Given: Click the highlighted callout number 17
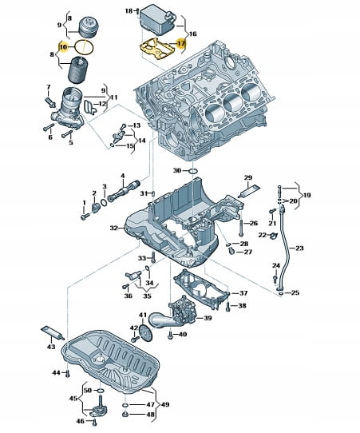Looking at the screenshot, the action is click(181, 43).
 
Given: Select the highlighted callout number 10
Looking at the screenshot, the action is click(63, 47).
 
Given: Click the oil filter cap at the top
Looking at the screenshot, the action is click(89, 27).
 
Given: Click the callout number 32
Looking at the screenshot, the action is click(114, 228).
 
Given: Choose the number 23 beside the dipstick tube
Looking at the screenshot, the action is click(299, 248).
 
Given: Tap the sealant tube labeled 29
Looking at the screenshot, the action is click(248, 191).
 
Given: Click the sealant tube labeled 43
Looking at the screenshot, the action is click(53, 333).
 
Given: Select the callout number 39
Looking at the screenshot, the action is click(208, 318).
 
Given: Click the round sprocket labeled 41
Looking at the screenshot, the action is click(144, 332).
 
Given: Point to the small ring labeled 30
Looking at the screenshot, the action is click(193, 172).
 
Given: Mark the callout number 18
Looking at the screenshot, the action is click(129, 10).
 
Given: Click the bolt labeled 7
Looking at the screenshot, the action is click(49, 102).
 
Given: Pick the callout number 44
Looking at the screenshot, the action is click(57, 372).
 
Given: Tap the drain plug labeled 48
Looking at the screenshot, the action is click(125, 414).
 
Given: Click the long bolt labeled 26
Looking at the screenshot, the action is click(241, 228).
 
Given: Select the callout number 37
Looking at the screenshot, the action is click(243, 292).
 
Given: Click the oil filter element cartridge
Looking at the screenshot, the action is click(78, 70).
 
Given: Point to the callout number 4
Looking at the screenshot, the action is click(122, 176).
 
